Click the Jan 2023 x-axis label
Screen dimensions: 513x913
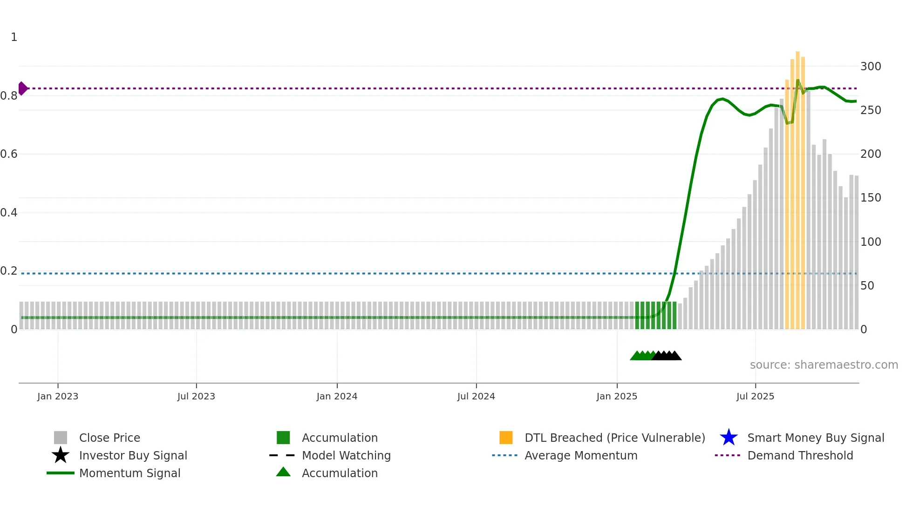click(x=58, y=396)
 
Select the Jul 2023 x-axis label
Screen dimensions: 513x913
click(x=196, y=396)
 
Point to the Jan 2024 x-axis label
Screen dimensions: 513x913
click(x=337, y=396)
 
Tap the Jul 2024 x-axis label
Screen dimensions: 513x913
click(x=476, y=396)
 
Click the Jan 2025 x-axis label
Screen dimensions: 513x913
click(x=617, y=396)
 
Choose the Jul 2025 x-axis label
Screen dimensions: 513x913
click(x=755, y=396)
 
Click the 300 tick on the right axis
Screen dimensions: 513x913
click(x=871, y=67)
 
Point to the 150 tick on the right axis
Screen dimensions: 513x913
click(x=871, y=198)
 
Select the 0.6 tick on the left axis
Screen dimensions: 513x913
click(x=9, y=154)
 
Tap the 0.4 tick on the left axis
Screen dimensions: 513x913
click(x=9, y=213)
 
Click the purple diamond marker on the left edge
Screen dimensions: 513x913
click(x=23, y=88)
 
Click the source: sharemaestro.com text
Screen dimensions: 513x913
click(x=824, y=365)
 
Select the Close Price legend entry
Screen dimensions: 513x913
click(x=109, y=438)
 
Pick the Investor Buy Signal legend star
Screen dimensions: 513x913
click(x=61, y=455)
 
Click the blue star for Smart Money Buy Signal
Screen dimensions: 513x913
click(x=729, y=438)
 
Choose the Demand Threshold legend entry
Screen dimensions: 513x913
click(x=800, y=455)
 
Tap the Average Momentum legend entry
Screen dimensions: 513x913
click(x=580, y=455)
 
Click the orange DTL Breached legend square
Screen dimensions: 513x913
click(x=506, y=438)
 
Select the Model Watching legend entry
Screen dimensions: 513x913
click(x=346, y=455)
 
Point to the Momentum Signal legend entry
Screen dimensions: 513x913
click(x=129, y=473)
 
